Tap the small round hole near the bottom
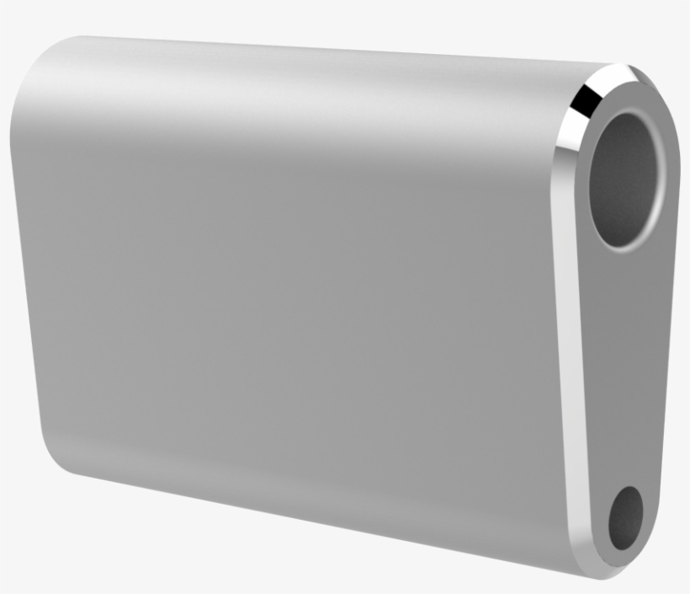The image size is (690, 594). pyautogui.click(x=625, y=515)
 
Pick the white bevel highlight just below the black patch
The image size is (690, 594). pyautogui.click(x=569, y=135)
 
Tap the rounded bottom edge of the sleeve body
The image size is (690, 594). pyautogui.click(x=320, y=506)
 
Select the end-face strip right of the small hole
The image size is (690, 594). pyautogui.click(x=652, y=506)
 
